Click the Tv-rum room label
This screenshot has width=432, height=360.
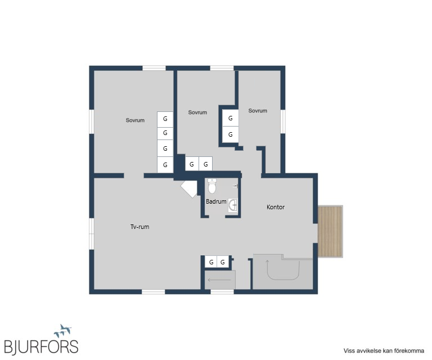point(139,227)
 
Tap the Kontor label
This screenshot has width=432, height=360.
point(276,207)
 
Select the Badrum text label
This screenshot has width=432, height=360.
point(216,201)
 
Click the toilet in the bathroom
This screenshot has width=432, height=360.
point(212,186)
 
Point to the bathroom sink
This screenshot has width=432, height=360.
point(233,205)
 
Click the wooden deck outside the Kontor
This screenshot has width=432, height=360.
point(330,231)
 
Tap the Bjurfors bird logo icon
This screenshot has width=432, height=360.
point(63,331)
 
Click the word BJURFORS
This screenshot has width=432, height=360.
point(41,346)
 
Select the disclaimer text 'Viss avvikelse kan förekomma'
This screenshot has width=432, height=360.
point(384,350)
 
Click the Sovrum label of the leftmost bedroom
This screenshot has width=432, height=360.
point(135,120)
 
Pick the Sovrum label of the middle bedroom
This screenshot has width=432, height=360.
point(197,112)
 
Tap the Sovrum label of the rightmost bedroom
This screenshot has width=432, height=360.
point(258,110)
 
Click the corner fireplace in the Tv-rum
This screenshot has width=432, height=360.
point(190,188)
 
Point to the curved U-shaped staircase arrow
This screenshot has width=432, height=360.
point(283,280)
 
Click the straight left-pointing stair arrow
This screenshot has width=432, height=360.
point(219,280)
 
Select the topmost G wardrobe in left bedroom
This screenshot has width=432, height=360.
point(165,120)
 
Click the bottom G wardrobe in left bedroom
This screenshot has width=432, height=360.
point(165,165)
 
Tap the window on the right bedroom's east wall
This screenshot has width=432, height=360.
point(283,121)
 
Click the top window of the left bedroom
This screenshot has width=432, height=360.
point(154,68)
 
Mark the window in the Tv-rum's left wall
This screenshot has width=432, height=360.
point(92,233)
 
